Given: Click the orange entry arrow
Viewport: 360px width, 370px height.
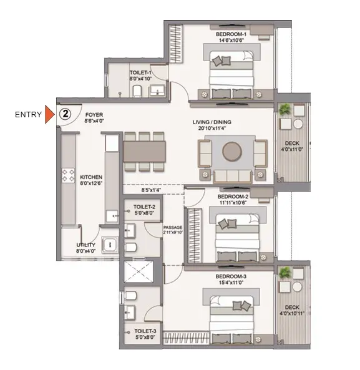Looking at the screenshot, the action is (x=49, y=114).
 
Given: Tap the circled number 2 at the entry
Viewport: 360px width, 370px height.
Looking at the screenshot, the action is (x=65, y=114).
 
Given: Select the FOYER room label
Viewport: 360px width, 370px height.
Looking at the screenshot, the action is (x=94, y=115).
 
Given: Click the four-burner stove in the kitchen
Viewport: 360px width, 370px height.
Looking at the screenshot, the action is (x=68, y=175).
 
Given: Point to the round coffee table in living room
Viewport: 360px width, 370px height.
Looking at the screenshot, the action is (x=232, y=152).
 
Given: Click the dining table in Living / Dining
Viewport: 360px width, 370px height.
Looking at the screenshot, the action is (x=144, y=152).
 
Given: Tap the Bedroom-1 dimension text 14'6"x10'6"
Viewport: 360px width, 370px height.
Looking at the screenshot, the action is (x=231, y=41).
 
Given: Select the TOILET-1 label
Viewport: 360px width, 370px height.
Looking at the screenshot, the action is (x=140, y=72).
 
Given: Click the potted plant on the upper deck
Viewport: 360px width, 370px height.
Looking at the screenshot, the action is (x=285, y=109).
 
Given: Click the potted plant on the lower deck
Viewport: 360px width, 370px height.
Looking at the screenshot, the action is (x=285, y=273).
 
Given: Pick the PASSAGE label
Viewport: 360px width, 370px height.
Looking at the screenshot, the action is (x=173, y=228).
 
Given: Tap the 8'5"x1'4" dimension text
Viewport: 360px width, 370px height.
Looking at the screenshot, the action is (x=151, y=190).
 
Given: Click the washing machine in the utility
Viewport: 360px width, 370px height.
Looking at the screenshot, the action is (x=110, y=245).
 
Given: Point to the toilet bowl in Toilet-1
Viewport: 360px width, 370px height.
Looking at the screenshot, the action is (x=137, y=91).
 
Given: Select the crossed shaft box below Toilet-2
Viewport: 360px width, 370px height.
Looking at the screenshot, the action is (x=139, y=271).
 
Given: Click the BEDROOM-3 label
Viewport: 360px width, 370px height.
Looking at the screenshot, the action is (x=231, y=276).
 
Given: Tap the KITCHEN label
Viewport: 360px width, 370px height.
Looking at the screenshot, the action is (x=91, y=177).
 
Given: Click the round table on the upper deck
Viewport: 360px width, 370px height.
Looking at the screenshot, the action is (x=298, y=124).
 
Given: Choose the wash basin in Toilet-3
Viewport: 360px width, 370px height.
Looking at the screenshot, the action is (x=130, y=312).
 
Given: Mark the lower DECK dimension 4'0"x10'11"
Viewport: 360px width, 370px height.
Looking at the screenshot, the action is (x=292, y=314).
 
